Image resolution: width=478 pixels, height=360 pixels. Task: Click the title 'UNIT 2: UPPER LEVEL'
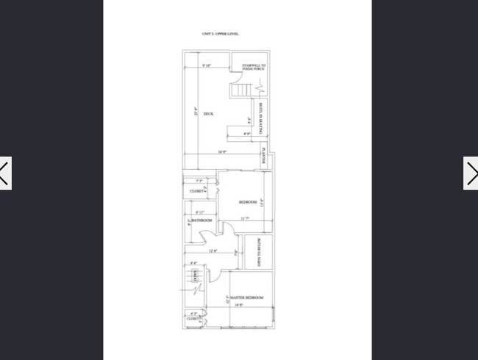220,34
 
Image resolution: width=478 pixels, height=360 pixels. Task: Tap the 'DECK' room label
208,114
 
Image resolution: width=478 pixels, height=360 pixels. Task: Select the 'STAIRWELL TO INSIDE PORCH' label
254,67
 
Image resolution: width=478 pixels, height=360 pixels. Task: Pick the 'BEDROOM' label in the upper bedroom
248,202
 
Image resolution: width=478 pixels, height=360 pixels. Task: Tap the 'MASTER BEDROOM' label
247,297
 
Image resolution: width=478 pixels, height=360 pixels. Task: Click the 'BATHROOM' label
201,220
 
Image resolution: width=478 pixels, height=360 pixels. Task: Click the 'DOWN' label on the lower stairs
195,276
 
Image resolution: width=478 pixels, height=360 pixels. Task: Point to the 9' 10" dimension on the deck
206,66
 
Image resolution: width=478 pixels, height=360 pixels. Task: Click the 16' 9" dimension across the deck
221,152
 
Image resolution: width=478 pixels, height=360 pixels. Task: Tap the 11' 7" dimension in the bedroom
244,218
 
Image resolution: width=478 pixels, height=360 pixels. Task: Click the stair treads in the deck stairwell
241,90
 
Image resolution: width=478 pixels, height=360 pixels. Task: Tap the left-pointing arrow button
4,173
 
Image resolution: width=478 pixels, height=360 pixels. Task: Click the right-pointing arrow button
471,173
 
